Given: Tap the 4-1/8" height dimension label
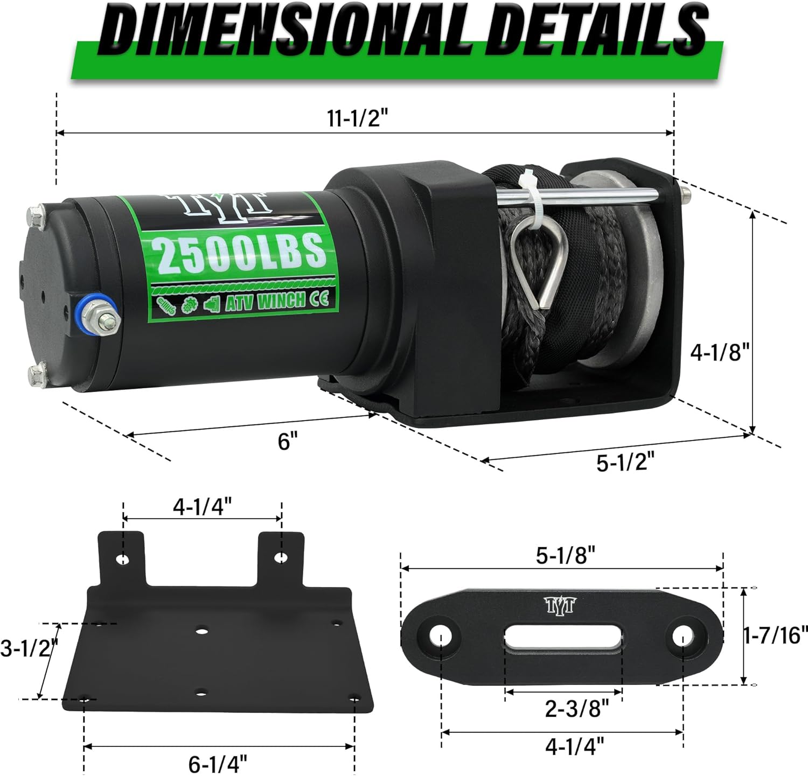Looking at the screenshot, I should coord(720,353).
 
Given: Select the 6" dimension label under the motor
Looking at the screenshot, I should coord(288,442).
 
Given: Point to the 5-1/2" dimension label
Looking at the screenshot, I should coord(625,462).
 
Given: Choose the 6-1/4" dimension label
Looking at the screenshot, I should coord(218,763).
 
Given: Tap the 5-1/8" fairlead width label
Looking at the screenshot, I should coord(565,556).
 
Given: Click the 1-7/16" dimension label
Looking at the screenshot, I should coord(776,635).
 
